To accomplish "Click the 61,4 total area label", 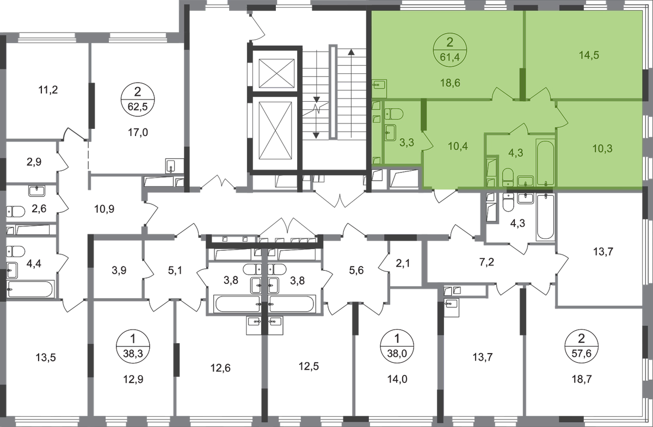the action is (450, 58).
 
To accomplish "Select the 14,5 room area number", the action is (589, 55).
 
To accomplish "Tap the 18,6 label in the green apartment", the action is (450, 83).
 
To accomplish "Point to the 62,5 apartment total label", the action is (138, 107).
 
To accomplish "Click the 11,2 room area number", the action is (48, 90).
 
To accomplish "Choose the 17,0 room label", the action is (138, 133).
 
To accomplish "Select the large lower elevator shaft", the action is (275, 131).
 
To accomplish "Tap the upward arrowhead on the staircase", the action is (351, 52).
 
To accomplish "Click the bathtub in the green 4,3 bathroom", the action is (545, 162).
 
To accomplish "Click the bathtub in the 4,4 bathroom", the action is (30, 289).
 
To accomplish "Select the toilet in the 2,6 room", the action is (16, 212).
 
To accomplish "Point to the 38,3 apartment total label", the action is (133, 354).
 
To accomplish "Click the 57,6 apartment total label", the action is (582, 354).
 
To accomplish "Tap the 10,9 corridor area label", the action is (104, 209).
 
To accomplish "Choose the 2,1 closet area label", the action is (403, 263).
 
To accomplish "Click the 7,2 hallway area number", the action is (486, 262).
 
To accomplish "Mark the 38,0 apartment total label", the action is (397, 354).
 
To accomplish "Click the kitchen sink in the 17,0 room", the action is (171, 166).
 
